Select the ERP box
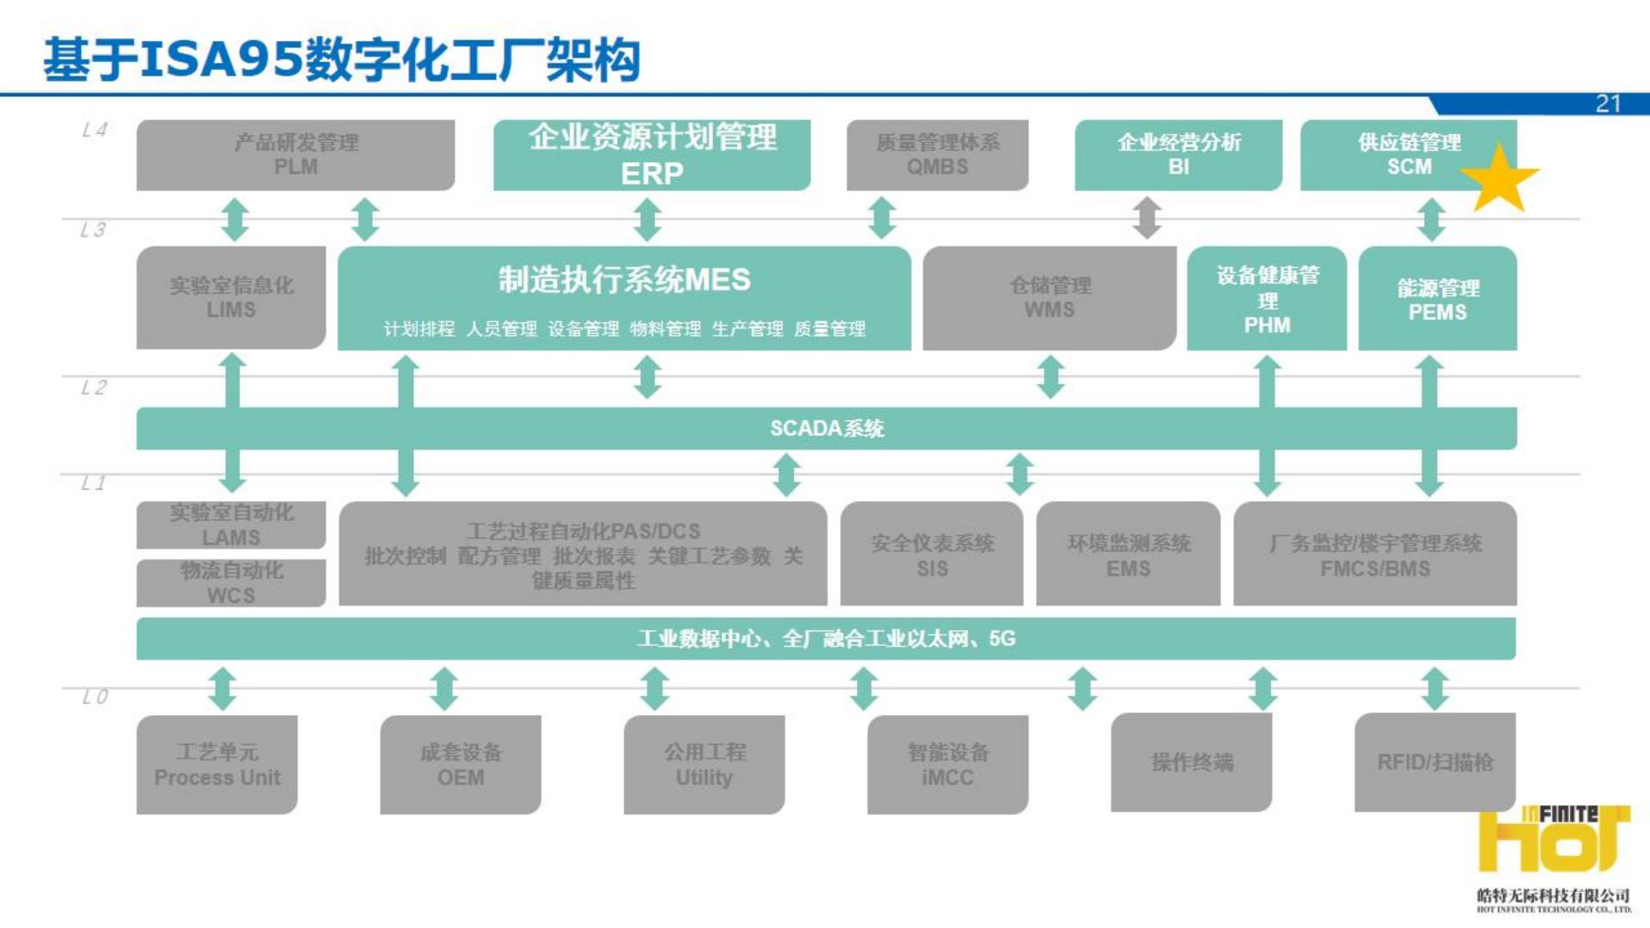[x=651, y=156]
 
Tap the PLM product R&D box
[x=296, y=156]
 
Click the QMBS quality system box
[x=937, y=156]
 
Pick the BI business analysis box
[x=1178, y=156]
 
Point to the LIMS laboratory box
[x=231, y=297]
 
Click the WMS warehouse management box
[x=1049, y=298]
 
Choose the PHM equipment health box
[x=1267, y=299]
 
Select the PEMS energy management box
[x=1437, y=299]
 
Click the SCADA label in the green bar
[x=827, y=429]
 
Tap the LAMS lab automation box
[x=231, y=525]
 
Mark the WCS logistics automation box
[x=231, y=583]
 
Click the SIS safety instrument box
[x=932, y=555]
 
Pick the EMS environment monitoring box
[x=1127, y=555]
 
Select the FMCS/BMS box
[x=1375, y=555]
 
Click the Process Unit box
[x=217, y=765]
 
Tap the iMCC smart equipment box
[x=948, y=765]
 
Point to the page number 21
[x=1608, y=104]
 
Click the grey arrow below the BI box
[x=1146, y=218]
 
